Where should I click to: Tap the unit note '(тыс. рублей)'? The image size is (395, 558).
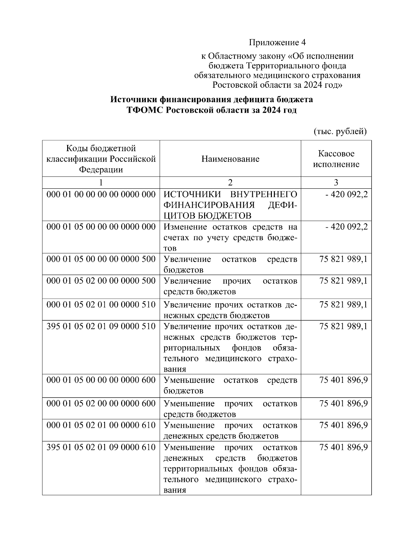[x=339, y=131]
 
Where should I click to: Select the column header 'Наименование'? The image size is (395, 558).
[x=230, y=159]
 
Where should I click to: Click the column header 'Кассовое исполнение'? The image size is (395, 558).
[x=336, y=159]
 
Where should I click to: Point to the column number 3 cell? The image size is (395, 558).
[x=336, y=182]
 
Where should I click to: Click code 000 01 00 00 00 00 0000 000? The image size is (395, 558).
[x=101, y=195]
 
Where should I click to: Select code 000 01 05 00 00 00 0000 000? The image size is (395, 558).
[x=101, y=227]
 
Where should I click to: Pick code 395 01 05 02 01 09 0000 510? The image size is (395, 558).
[x=101, y=326]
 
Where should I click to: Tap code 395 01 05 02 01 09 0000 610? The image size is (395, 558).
[x=101, y=447]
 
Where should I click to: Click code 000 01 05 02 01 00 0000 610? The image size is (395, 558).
[x=101, y=425]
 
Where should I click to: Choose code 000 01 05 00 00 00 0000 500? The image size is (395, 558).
[x=101, y=259]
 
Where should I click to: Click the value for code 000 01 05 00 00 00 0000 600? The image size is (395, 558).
[x=343, y=380]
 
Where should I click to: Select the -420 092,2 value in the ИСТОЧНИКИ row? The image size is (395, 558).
[x=346, y=195]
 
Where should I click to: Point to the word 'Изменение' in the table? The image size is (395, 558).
[x=185, y=227]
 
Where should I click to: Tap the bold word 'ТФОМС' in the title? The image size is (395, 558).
[x=145, y=110]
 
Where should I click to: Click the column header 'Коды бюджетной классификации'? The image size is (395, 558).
[x=101, y=159]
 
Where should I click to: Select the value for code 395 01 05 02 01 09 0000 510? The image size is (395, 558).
[x=343, y=326]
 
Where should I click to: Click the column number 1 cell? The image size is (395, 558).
[x=101, y=182]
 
